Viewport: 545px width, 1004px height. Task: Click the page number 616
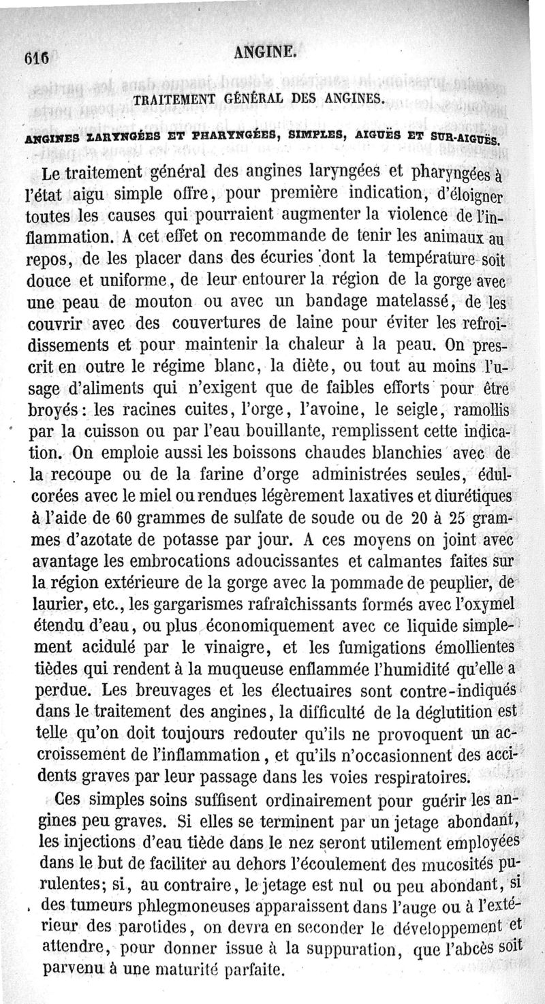pyautogui.click(x=34, y=58)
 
